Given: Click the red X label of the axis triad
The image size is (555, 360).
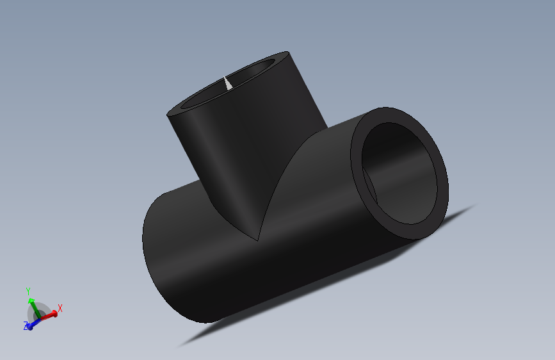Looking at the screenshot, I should pos(60,308).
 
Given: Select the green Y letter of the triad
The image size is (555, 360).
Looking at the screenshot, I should pos(28,291).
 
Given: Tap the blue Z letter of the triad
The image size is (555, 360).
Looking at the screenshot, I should pos(26,327).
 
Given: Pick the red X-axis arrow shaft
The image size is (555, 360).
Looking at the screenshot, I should pos(47,315).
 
